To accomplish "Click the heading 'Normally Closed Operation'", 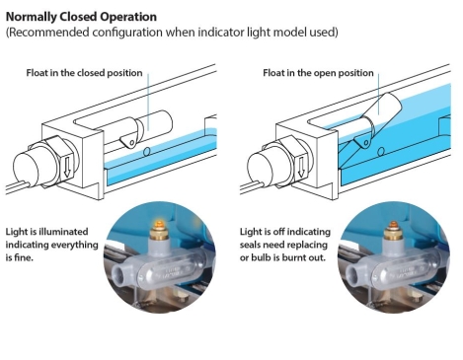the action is click(81, 17).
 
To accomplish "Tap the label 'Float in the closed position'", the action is click(84, 73).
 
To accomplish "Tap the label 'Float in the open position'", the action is click(318, 73).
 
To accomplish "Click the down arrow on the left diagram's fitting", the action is click(67, 166).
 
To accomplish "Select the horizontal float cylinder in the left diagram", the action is click(154, 124).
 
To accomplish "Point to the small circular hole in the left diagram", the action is click(147, 152).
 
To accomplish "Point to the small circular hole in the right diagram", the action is click(381, 152).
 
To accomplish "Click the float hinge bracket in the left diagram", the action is click(129, 141).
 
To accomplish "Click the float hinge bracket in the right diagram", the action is click(363, 141).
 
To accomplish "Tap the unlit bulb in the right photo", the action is click(391, 225).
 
